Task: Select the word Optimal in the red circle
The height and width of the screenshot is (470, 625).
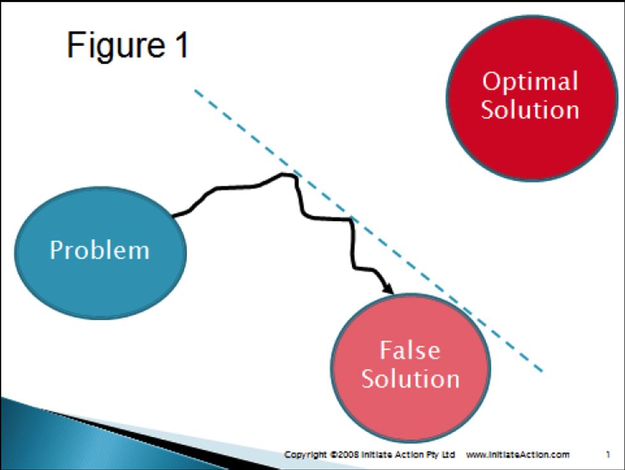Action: pos(529,82)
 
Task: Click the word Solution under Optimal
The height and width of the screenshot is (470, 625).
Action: pos(529,109)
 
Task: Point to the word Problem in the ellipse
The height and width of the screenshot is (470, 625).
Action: pos(99,250)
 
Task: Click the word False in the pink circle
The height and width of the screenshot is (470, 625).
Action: pos(410,350)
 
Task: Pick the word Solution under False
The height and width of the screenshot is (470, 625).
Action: pos(410,378)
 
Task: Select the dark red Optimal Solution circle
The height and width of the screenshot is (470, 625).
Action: pos(531,137)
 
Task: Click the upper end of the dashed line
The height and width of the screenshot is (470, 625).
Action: pos(196,91)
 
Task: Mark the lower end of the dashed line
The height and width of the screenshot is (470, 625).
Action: pos(541,371)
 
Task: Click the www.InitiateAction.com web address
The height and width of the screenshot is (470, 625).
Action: pos(517,455)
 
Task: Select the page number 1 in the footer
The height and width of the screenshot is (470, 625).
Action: pos(608,455)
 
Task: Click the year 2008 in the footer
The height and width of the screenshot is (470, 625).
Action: pos(344,455)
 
